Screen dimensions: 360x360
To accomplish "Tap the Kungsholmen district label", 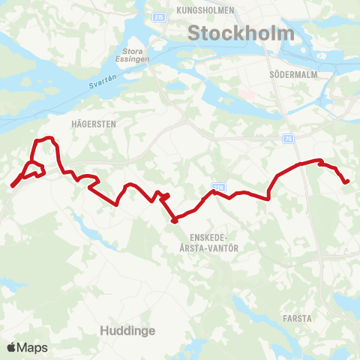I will [206, 11].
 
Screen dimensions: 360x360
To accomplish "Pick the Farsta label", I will [298, 318].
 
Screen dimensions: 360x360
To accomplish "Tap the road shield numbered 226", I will [218, 185].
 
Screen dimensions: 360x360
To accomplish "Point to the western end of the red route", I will [12, 185].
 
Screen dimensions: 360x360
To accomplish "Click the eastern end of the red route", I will [348, 181].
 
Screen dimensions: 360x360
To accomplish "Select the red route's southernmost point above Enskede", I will [174, 220].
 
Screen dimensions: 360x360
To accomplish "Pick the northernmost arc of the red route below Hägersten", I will [46, 138].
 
